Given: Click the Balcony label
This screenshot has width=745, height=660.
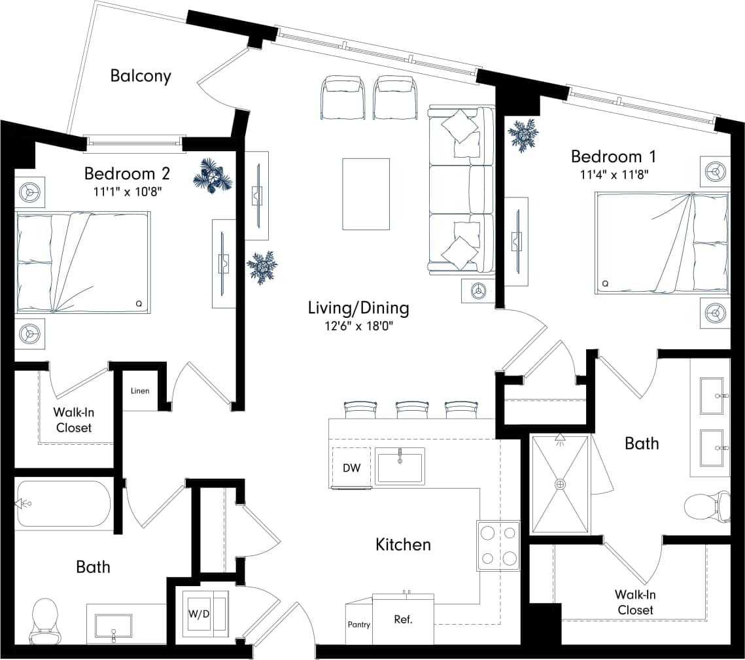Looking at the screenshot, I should (x=141, y=76).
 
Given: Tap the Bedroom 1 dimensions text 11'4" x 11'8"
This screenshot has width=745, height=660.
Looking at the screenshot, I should (x=614, y=174).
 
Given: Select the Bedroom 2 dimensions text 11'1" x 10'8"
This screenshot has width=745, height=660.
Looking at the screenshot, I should (x=127, y=191).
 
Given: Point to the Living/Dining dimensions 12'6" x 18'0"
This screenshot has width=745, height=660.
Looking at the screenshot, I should (x=358, y=325).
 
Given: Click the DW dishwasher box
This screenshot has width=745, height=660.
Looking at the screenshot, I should (x=352, y=468).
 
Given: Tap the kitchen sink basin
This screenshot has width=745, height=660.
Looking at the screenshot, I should (x=400, y=466).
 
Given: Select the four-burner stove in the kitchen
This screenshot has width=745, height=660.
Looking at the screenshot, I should (x=498, y=546).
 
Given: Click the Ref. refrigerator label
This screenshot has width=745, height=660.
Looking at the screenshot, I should (x=403, y=619).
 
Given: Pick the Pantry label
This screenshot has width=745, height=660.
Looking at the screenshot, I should (x=358, y=625).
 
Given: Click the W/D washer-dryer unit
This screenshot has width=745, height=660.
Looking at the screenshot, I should (x=199, y=614).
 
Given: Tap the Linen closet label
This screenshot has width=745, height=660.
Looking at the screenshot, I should (x=140, y=391).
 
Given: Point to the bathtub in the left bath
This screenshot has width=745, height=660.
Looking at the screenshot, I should (x=64, y=504).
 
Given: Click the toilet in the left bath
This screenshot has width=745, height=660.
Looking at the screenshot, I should (x=44, y=619).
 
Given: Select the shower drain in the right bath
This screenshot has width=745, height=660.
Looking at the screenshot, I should (x=560, y=485).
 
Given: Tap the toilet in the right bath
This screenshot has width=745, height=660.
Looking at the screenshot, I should (x=706, y=508).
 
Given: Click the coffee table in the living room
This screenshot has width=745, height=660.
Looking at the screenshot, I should (x=366, y=194).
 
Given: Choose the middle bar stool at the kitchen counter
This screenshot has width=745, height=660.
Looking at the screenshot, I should (x=411, y=410).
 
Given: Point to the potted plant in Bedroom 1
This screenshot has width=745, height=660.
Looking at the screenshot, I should (x=523, y=134).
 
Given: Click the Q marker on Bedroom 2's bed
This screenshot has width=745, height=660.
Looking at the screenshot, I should (x=139, y=304).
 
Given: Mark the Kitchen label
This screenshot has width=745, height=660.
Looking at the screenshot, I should (x=403, y=544).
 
